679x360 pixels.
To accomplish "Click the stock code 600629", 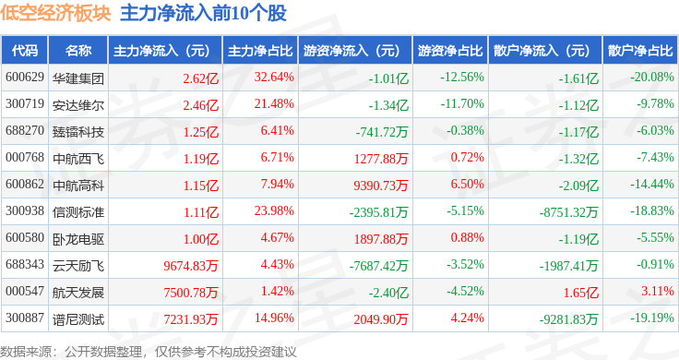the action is [x=25, y=78].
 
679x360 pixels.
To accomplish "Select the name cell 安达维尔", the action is [x=78, y=105].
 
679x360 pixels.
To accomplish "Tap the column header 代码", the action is [x=25, y=51].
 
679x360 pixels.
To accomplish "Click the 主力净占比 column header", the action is [x=260, y=51].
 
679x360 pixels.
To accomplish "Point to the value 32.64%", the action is [x=274, y=78].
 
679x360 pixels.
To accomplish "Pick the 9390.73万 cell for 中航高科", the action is [x=381, y=186].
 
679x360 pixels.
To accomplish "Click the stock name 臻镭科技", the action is [x=78, y=132].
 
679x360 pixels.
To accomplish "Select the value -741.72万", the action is [x=382, y=132].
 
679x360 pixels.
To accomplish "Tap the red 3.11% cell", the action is [x=658, y=291].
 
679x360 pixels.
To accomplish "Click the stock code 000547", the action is [x=25, y=291].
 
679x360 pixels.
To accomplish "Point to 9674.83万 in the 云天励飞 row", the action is [x=191, y=266].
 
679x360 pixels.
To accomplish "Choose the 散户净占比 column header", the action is [x=640, y=51].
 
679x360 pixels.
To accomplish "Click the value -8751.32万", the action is [x=568, y=212].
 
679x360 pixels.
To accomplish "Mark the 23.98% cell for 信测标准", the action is [x=274, y=211].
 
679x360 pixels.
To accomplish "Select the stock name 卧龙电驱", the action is [x=78, y=239].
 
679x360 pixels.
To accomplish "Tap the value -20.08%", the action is [x=652, y=78].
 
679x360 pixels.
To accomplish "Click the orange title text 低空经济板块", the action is [x=55, y=13].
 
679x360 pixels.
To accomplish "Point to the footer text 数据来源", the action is [x=25, y=352].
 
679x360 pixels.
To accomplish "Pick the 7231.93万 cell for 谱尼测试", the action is [x=191, y=319].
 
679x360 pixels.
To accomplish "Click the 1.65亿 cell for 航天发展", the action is [x=580, y=293].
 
